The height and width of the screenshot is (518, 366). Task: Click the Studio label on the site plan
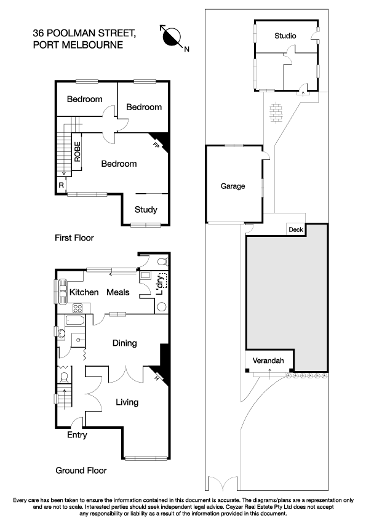coord(285,36)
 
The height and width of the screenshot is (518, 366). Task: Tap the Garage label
coord(233,186)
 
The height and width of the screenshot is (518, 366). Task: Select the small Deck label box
coord(296,230)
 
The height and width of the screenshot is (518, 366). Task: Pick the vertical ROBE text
coord(78,151)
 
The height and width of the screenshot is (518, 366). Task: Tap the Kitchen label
coord(84,292)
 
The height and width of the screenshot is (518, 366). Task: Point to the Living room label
coord(127,402)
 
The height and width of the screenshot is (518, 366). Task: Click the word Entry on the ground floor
coord(77,435)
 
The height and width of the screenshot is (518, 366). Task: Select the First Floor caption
coord(75,237)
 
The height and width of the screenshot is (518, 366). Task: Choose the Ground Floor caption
coord(81,471)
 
